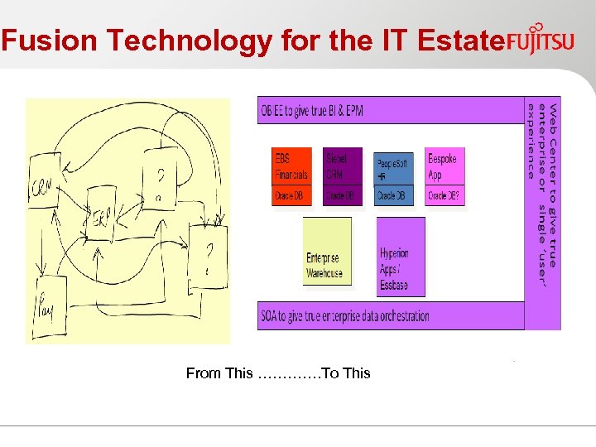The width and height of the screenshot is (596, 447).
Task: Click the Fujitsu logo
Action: tap(540, 39)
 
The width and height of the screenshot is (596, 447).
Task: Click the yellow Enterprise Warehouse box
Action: tap(326, 252)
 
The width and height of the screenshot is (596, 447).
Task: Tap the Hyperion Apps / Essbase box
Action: tap(401, 257)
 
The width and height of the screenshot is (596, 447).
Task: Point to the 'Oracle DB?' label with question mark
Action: tap(445, 196)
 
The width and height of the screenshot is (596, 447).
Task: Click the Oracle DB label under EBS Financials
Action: tap(291, 196)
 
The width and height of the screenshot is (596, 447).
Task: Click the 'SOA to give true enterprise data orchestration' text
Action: tap(345, 315)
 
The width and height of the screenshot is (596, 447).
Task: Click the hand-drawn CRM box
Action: tap(41, 186)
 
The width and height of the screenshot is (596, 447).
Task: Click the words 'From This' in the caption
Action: tap(219, 373)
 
